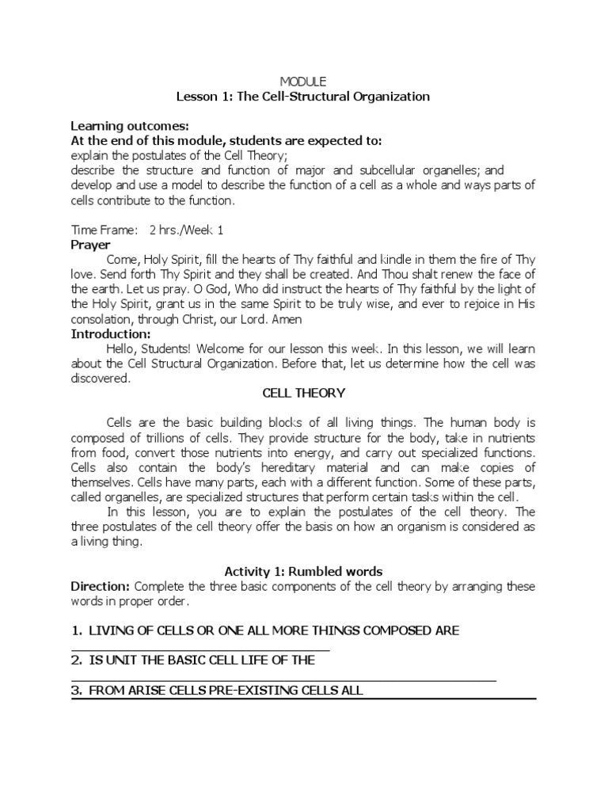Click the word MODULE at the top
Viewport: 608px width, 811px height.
pyautogui.click(x=304, y=82)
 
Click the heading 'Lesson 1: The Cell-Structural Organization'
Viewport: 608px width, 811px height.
pyautogui.click(x=303, y=97)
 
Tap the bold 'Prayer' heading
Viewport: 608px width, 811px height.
pyautogui.click(x=91, y=246)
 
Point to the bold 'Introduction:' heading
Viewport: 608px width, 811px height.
pyautogui.click(x=111, y=334)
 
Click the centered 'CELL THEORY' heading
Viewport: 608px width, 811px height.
pyautogui.click(x=304, y=394)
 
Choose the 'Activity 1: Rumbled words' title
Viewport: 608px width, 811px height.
pyautogui.click(x=303, y=571)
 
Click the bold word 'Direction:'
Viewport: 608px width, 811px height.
pyautogui.click(x=101, y=586)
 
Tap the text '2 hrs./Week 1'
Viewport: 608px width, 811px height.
pyautogui.click(x=185, y=230)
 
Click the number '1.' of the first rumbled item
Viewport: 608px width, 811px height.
pyautogui.click(x=77, y=630)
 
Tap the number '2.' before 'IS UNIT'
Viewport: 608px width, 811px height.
pyautogui.click(x=77, y=661)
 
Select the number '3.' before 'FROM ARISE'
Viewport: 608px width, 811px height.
pyautogui.click(x=77, y=691)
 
